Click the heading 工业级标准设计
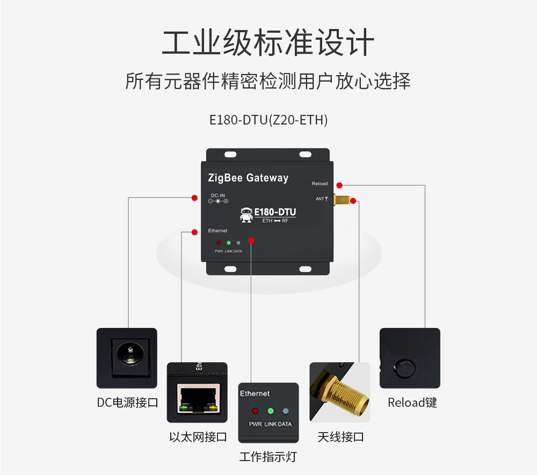click(268, 43)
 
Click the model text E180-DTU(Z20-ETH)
click(268, 120)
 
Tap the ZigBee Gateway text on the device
click(248, 178)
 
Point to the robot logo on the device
click(246, 214)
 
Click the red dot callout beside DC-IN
click(194, 198)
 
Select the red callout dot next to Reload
click(339, 185)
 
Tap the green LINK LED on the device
click(228, 243)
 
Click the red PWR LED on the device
click(219, 243)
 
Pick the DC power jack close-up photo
click(127, 357)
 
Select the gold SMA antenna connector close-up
click(340, 392)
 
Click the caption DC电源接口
click(127, 403)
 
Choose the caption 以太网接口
click(198, 437)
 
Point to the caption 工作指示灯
click(267, 457)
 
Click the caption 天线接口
click(340, 437)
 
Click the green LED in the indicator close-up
click(271, 411)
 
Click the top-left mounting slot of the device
click(230, 155)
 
